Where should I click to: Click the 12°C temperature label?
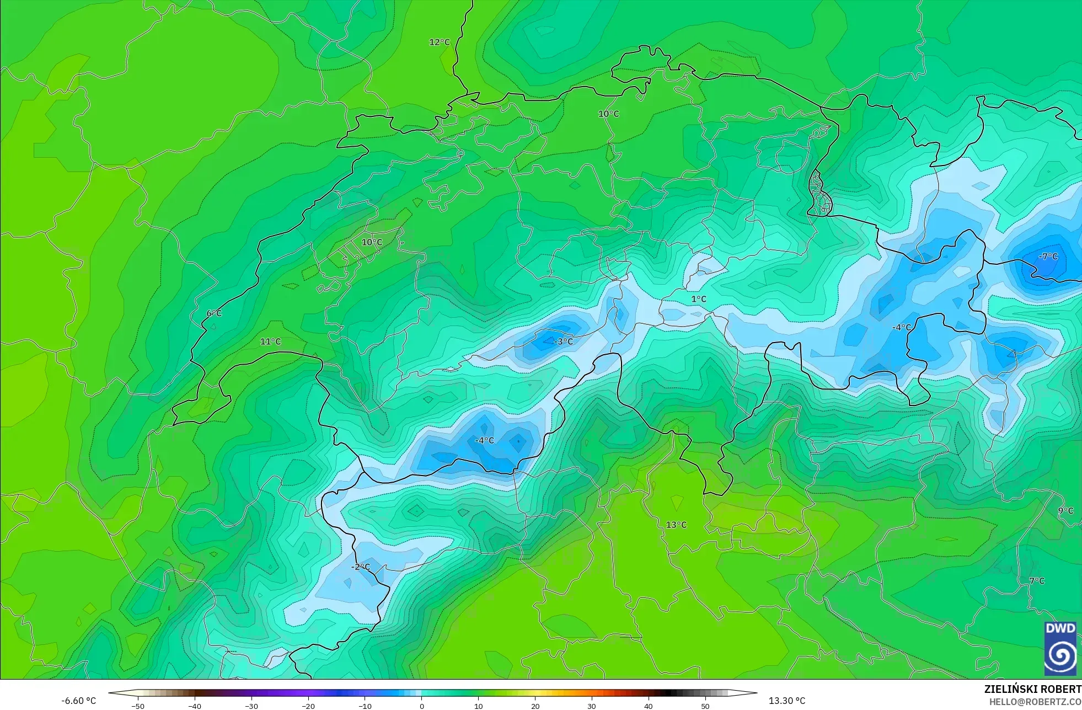click(x=440, y=42)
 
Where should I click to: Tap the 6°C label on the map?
click(x=214, y=313)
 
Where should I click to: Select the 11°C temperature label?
click(x=270, y=341)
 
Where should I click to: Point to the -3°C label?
click(x=563, y=341)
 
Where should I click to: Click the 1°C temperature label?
click(x=699, y=299)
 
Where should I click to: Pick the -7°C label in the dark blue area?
click(x=1048, y=257)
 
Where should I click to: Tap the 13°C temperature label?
click(x=676, y=525)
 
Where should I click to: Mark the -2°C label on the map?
click(x=361, y=567)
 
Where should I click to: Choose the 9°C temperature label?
click(x=1065, y=511)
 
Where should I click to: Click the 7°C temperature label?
click(x=1037, y=581)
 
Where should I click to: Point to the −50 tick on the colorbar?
click(x=138, y=706)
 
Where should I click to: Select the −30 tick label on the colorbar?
click(x=251, y=706)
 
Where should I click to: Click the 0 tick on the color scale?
click(x=422, y=706)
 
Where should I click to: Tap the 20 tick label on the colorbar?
click(x=535, y=706)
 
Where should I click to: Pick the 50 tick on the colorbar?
click(x=705, y=706)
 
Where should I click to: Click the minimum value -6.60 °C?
click(x=78, y=701)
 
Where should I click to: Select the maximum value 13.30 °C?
click(x=787, y=701)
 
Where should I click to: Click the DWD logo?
click(x=1060, y=648)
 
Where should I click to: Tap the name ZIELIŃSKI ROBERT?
click(x=1032, y=689)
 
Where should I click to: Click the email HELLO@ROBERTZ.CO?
click(x=1035, y=702)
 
